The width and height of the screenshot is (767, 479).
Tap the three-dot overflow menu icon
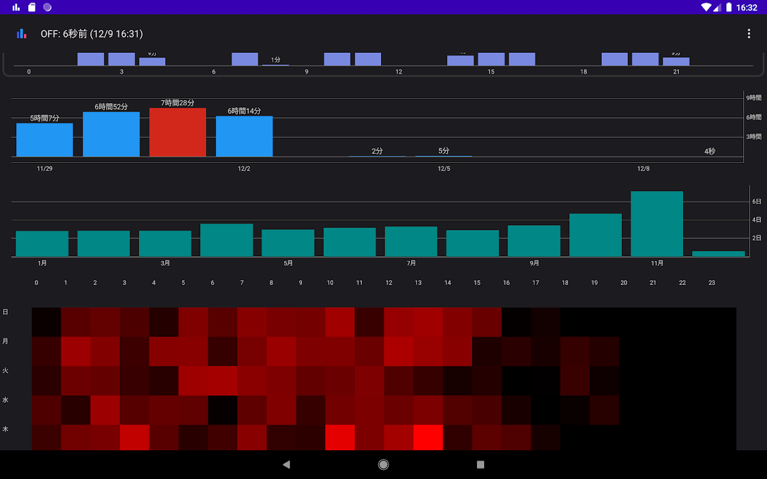click(x=748, y=34)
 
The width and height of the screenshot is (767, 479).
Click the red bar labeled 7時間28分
click(x=177, y=132)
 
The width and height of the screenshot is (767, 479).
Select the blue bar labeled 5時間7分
click(x=44, y=140)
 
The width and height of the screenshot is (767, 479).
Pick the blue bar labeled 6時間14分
click(x=244, y=137)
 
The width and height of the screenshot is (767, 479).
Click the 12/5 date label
click(x=443, y=169)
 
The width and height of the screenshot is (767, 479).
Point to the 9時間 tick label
click(x=753, y=98)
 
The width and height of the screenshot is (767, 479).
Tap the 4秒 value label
click(x=709, y=151)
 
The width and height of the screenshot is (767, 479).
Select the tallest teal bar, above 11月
click(x=657, y=224)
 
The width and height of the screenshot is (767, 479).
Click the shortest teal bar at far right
click(x=718, y=254)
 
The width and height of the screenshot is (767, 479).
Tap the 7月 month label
click(x=411, y=263)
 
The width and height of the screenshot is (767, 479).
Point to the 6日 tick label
click(x=756, y=202)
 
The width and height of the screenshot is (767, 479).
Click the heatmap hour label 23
click(x=712, y=283)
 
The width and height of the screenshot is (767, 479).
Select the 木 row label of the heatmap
click(x=5, y=429)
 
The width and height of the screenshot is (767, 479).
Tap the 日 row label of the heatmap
click(x=5, y=312)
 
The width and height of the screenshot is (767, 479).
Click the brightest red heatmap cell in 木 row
click(x=428, y=437)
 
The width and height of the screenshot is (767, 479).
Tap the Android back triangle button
click(x=286, y=464)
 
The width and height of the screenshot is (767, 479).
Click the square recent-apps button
click(x=480, y=464)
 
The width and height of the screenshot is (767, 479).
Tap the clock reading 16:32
click(x=747, y=8)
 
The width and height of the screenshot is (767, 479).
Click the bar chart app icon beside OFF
click(x=22, y=34)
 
